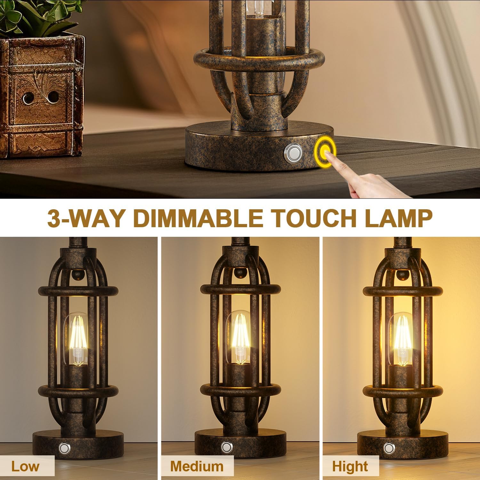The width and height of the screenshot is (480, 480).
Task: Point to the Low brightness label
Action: [25, 466]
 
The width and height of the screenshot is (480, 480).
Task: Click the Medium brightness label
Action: [196, 466]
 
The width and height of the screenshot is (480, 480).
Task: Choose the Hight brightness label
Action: [350, 467]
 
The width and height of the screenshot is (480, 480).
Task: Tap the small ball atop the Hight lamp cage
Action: [400, 274]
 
